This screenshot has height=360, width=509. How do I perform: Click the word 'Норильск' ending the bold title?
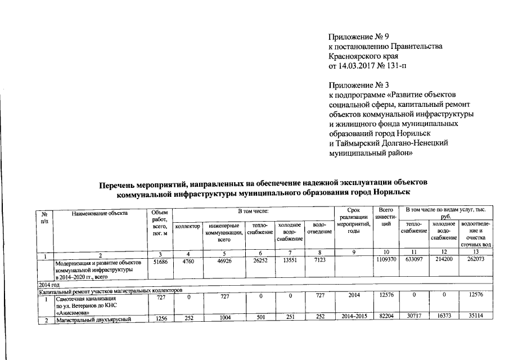click(404, 193)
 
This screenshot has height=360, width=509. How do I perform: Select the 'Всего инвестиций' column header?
click(386, 217)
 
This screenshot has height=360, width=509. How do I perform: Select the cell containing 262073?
click(475, 261)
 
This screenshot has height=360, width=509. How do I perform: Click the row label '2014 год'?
click(48, 286)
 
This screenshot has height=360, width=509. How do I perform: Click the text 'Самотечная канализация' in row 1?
click(85, 299)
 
